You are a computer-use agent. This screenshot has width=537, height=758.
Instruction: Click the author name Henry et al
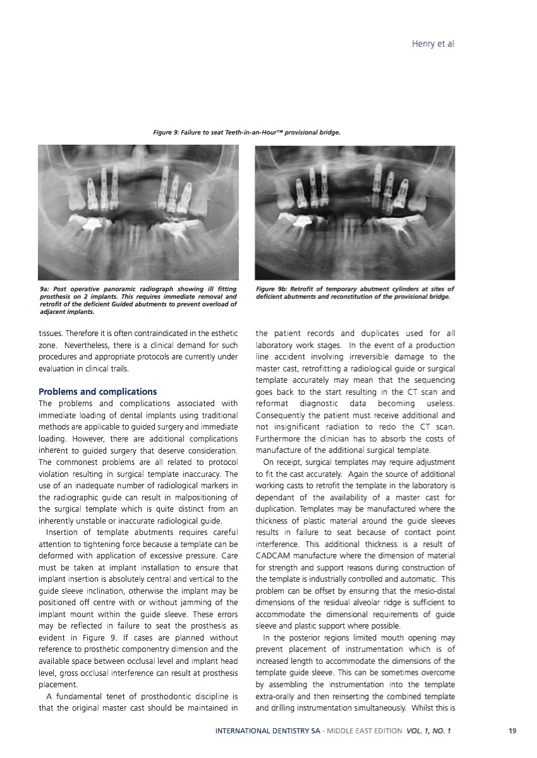pos(433,44)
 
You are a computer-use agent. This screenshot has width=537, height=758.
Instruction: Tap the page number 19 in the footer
pos(512,731)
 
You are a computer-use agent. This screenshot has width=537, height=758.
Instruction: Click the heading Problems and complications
pos(98,392)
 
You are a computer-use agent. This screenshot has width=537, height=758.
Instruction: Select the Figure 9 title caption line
pos(247,133)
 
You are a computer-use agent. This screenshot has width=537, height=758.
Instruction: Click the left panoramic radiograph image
pos(138,212)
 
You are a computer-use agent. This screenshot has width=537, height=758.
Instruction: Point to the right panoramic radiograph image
pos(354,212)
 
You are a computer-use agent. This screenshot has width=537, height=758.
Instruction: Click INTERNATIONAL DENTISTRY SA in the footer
pos(267,731)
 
